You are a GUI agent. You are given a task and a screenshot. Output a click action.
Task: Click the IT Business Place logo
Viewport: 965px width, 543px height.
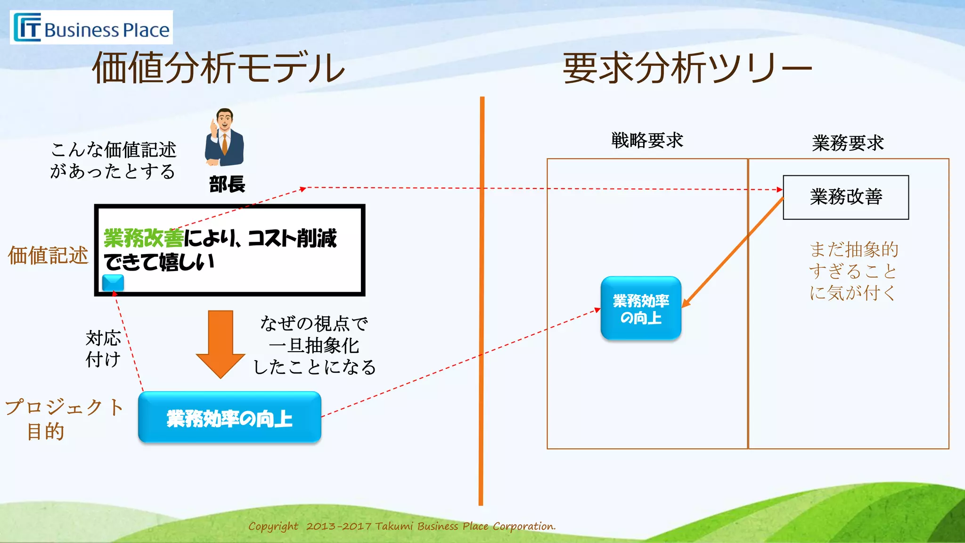coord(91,27)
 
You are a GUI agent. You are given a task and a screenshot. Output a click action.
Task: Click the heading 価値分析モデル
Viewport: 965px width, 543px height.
coord(218,68)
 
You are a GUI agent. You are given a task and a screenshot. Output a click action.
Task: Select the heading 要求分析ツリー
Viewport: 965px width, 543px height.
coord(687,68)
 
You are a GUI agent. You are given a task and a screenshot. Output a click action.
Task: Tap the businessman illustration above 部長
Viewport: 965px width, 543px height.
coord(224,137)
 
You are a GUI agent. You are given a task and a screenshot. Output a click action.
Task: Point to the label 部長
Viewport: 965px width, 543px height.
coord(227,184)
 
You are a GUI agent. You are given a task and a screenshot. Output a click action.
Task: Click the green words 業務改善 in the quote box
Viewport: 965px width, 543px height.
coord(143,238)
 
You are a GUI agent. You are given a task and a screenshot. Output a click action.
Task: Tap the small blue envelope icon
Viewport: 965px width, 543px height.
coord(113,283)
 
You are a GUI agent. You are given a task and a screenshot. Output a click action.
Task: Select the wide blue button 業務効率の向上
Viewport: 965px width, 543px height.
coord(229,418)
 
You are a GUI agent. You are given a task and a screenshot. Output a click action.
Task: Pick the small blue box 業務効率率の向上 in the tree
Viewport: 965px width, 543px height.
coord(641,308)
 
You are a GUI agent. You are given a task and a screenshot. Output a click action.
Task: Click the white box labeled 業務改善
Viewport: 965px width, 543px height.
coord(846,197)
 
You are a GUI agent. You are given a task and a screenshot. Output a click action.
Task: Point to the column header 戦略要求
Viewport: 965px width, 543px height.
coord(647,140)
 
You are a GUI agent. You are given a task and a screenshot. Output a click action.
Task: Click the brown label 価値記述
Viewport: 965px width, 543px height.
coord(48,255)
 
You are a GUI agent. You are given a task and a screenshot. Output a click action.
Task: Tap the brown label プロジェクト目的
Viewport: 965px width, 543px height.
coord(64,419)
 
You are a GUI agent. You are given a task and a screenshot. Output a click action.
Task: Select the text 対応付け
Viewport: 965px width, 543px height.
coord(103,349)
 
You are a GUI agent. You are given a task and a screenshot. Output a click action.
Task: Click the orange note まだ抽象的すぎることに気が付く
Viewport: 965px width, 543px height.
coord(853,271)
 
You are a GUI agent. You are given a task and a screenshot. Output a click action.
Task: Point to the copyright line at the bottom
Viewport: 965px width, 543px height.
coord(402,526)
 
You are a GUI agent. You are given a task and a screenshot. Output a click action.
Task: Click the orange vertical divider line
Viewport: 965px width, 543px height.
coord(482,302)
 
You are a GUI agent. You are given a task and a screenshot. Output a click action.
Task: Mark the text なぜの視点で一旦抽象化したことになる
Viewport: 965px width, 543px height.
coord(314,345)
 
